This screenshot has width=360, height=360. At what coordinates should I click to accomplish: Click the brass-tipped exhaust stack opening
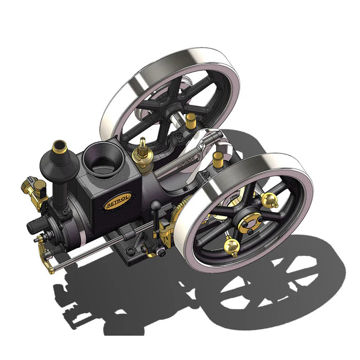pyautogui.click(x=60, y=147)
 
